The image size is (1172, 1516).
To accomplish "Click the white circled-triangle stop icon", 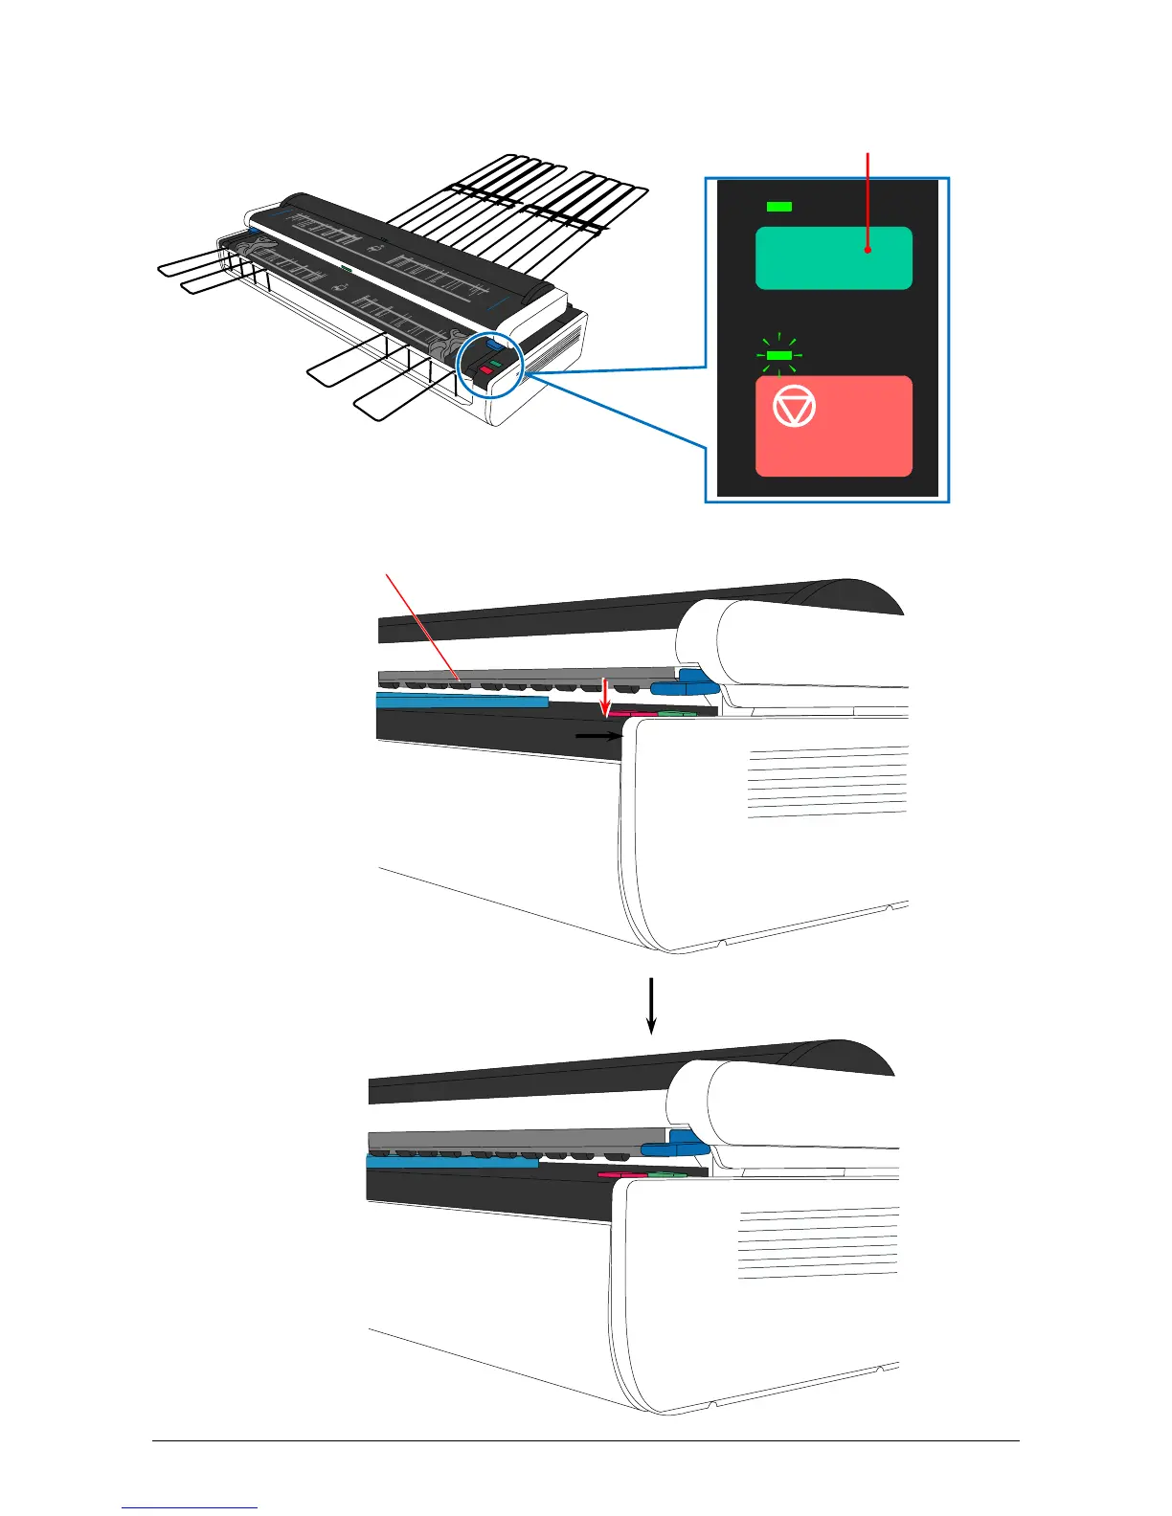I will coord(794,409).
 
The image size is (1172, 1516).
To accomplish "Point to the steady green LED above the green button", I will coord(779,207).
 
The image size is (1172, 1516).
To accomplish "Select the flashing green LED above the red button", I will coord(779,355).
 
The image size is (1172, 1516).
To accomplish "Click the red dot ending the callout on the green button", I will coord(868,249).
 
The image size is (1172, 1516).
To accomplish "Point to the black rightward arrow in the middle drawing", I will coord(599,736).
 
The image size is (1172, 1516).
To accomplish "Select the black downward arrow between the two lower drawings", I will coord(651,1005).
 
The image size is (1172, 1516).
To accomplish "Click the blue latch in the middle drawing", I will coord(682,683).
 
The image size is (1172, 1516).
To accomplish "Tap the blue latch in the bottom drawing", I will coord(672,1145).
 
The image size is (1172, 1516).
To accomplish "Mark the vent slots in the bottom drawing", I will coord(819,1242).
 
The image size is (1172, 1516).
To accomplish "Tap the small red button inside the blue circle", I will coord(485,369).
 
